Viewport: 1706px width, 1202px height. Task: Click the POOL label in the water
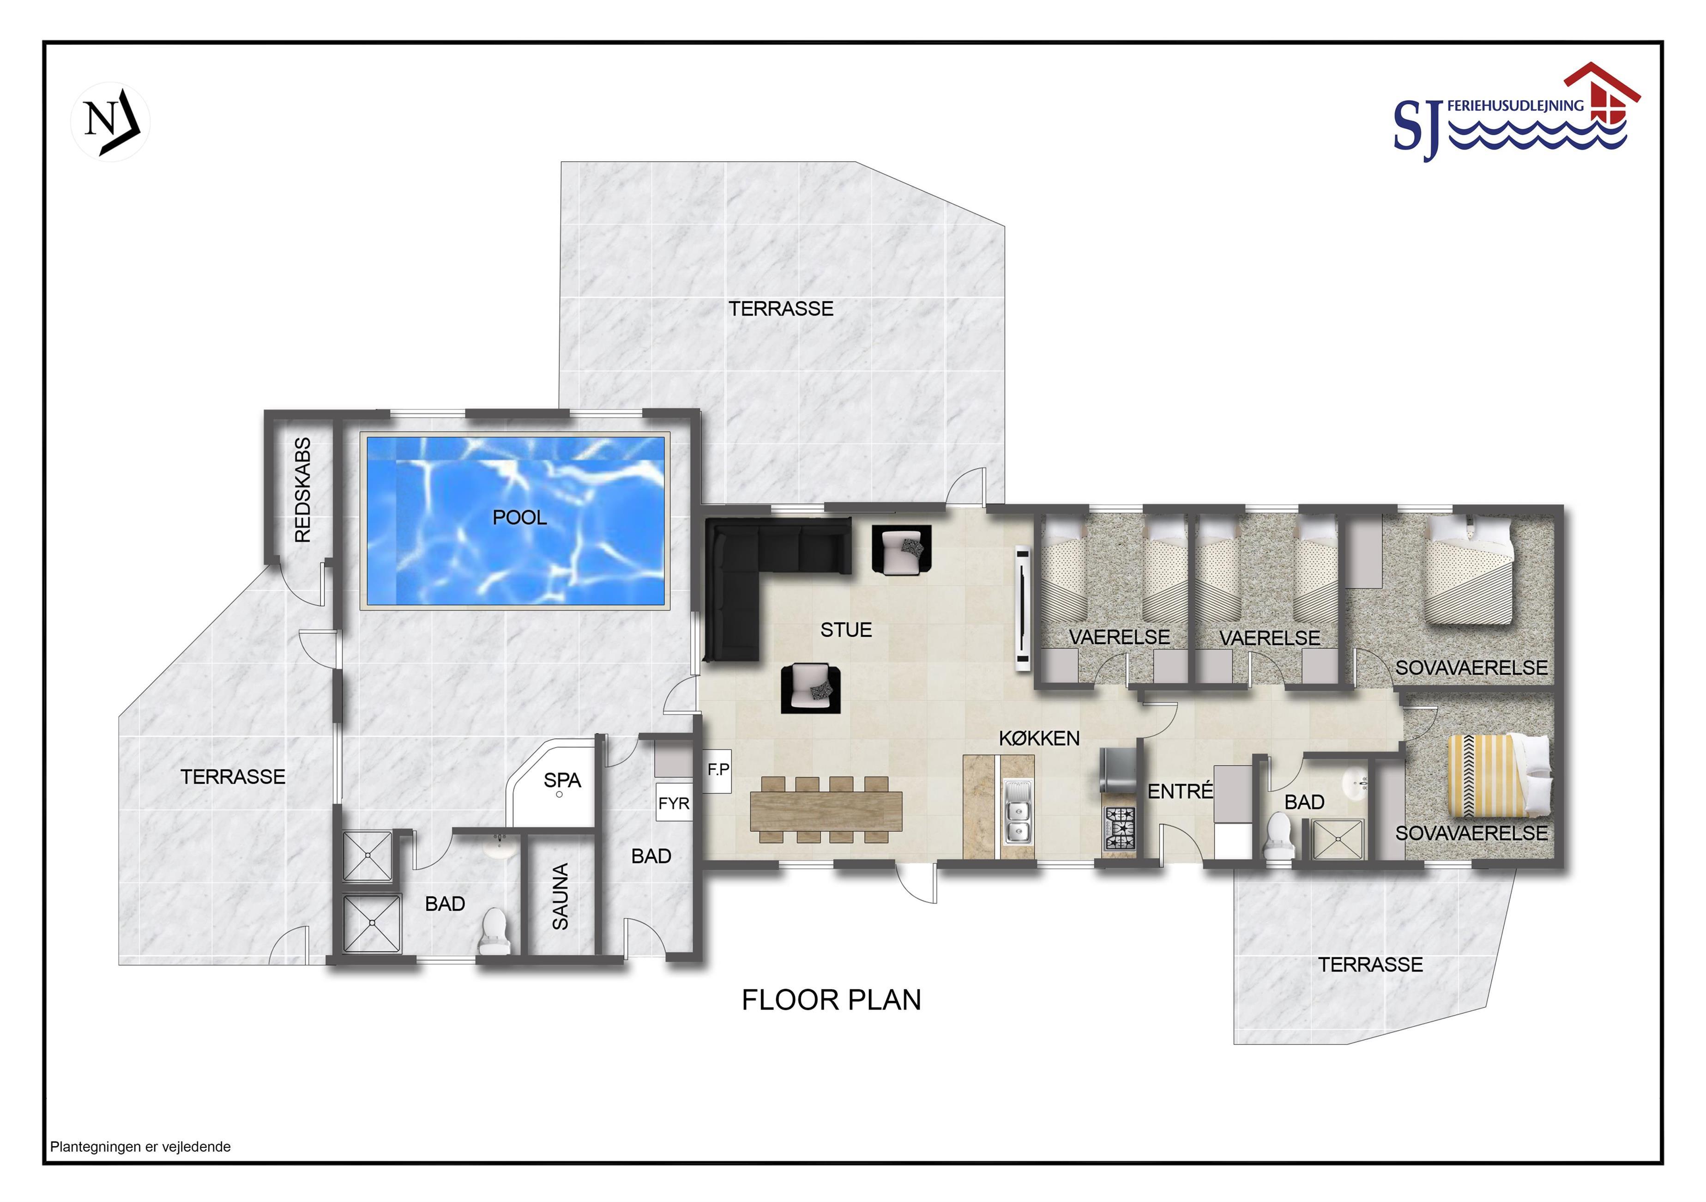pos(519,517)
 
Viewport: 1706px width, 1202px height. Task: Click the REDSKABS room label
pos(302,491)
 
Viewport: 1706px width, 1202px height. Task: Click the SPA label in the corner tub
pos(562,781)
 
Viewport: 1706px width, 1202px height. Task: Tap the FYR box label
pos(674,803)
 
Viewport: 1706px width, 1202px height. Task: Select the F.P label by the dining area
pos(718,769)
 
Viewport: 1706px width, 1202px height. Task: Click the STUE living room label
pos(845,631)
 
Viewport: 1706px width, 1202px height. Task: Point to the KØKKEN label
pos(1039,738)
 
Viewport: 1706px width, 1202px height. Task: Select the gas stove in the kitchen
pos(1120,828)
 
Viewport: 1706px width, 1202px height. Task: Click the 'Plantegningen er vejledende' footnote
pos(140,1147)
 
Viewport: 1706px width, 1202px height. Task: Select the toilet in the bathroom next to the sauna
pos(494,931)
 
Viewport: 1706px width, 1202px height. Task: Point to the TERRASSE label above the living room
pos(781,309)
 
